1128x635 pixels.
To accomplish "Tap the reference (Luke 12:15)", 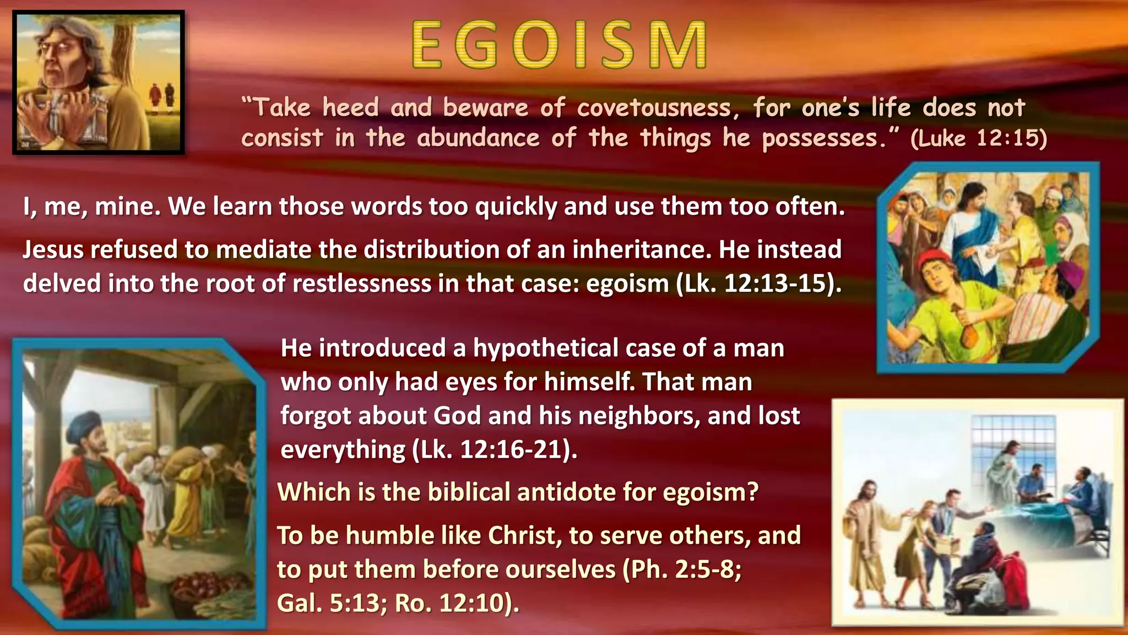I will (x=979, y=138).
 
